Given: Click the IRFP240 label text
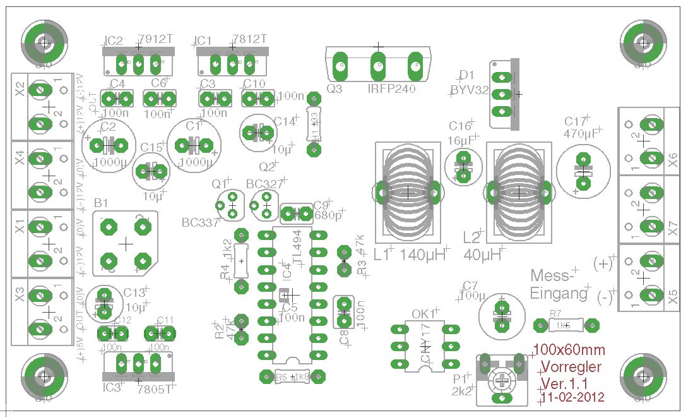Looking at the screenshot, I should click(x=391, y=89).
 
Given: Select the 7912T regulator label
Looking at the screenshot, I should click(x=155, y=39).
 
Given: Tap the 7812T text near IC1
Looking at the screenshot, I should click(x=249, y=39).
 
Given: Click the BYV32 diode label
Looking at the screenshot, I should click(x=470, y=90).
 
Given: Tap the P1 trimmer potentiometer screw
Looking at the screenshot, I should click(x=502, y=380).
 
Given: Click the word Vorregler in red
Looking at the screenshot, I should click(x=571, y=367).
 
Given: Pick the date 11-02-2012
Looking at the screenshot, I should click(x=573, y=397).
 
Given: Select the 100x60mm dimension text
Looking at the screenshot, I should click(x=569, y=350).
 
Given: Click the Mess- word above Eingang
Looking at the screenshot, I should click(x=552, y=275).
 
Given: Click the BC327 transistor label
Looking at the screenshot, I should click(x=265, y=184).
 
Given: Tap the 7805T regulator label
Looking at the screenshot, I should click(x=155, y=388).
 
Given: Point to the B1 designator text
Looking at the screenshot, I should click(x=101, y=203).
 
